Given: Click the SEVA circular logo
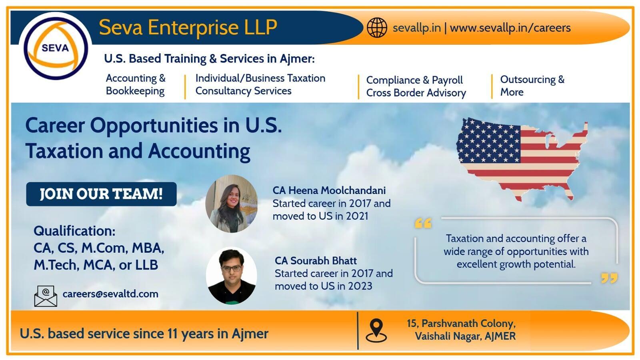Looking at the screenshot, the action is click(x=56, y=48).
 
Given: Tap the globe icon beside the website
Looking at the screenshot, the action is click(x=377, y=28).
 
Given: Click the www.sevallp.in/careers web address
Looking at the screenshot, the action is click(x=510, y=28).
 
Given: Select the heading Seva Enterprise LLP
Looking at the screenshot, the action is click(x=188, y=27).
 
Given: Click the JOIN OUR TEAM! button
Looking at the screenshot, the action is click(x=101, y=194).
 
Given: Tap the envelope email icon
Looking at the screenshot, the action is click(x=46, y=296).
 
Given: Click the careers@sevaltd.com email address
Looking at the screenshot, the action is click(x=110, y=294).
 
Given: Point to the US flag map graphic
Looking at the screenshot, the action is click(x=522, y=159).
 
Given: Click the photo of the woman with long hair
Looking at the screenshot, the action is click(x=232, y=204).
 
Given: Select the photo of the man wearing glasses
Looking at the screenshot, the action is click(x=232, y=276).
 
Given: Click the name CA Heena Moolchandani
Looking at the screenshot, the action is click(x=329, y=190).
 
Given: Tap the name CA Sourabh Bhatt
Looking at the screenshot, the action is click(x=316, y=260).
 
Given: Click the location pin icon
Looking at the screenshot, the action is click(x=376, y=330).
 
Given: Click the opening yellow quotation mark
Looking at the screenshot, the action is click(x=423, y=224).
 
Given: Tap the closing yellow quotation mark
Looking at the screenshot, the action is click(x=609, y=278).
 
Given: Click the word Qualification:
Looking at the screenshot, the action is click(x=74, y=231).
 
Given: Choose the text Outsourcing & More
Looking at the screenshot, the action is click(x=532, y=86).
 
